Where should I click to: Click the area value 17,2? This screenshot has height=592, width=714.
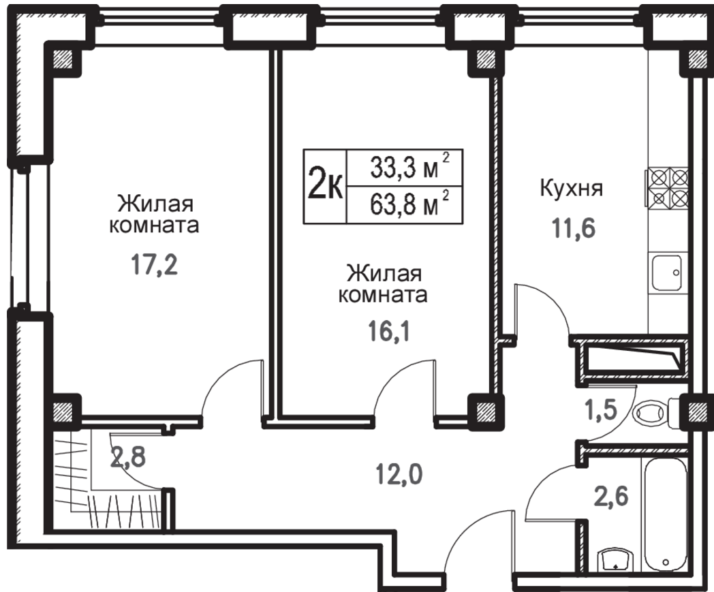(x=155, y=265)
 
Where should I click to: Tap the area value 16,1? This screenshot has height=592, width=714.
(x=389, y=332)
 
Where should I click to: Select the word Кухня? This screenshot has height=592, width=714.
(x=572, y=188)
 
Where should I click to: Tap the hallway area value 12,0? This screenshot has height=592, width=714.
(x=399, y=475)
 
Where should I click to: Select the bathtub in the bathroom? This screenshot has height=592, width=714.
(x=666, y=514)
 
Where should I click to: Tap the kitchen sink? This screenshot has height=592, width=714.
(x=667, y=272)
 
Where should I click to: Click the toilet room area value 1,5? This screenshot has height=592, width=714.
(x=601, y=409)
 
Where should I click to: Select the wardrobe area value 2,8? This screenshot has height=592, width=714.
(x=128, y=456)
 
